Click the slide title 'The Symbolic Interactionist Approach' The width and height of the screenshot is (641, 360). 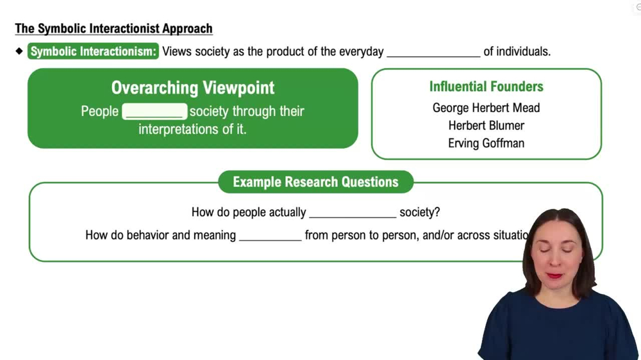pos(113,29)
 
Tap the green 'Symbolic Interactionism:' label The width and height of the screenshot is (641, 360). pos(93,51)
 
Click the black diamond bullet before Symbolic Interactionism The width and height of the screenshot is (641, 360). pos(19,51)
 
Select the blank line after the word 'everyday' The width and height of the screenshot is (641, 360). pos(433,53)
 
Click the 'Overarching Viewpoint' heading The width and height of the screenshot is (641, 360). pos(192,88)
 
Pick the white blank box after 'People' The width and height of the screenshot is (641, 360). pos(154,111)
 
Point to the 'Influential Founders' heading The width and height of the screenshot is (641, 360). pos(486,86)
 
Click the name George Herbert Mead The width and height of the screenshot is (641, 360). pos(486,108)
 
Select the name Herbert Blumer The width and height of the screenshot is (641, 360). pos(486,126)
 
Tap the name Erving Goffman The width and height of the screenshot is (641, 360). pos(486,143)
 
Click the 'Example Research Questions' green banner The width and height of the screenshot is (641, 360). pos(315,182)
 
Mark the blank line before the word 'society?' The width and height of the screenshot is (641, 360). pos(353,213)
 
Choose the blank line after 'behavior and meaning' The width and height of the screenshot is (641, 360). pos(270,236)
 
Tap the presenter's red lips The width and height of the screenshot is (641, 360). pos(555,275)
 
